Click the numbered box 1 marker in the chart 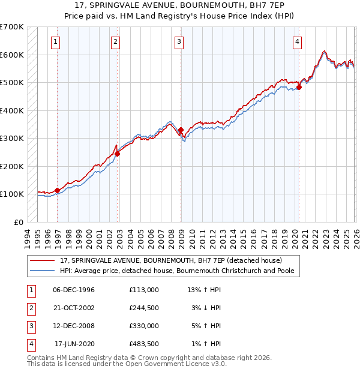[56, 41]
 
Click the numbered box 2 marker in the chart [115, 41]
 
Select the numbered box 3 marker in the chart [179, 41]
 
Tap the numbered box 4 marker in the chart [297, 41]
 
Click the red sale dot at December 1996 [58, 191]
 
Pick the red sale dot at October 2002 [117, 154]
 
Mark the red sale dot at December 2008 [181, 130]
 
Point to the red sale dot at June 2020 [299, 87]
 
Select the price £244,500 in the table [143, 307]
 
